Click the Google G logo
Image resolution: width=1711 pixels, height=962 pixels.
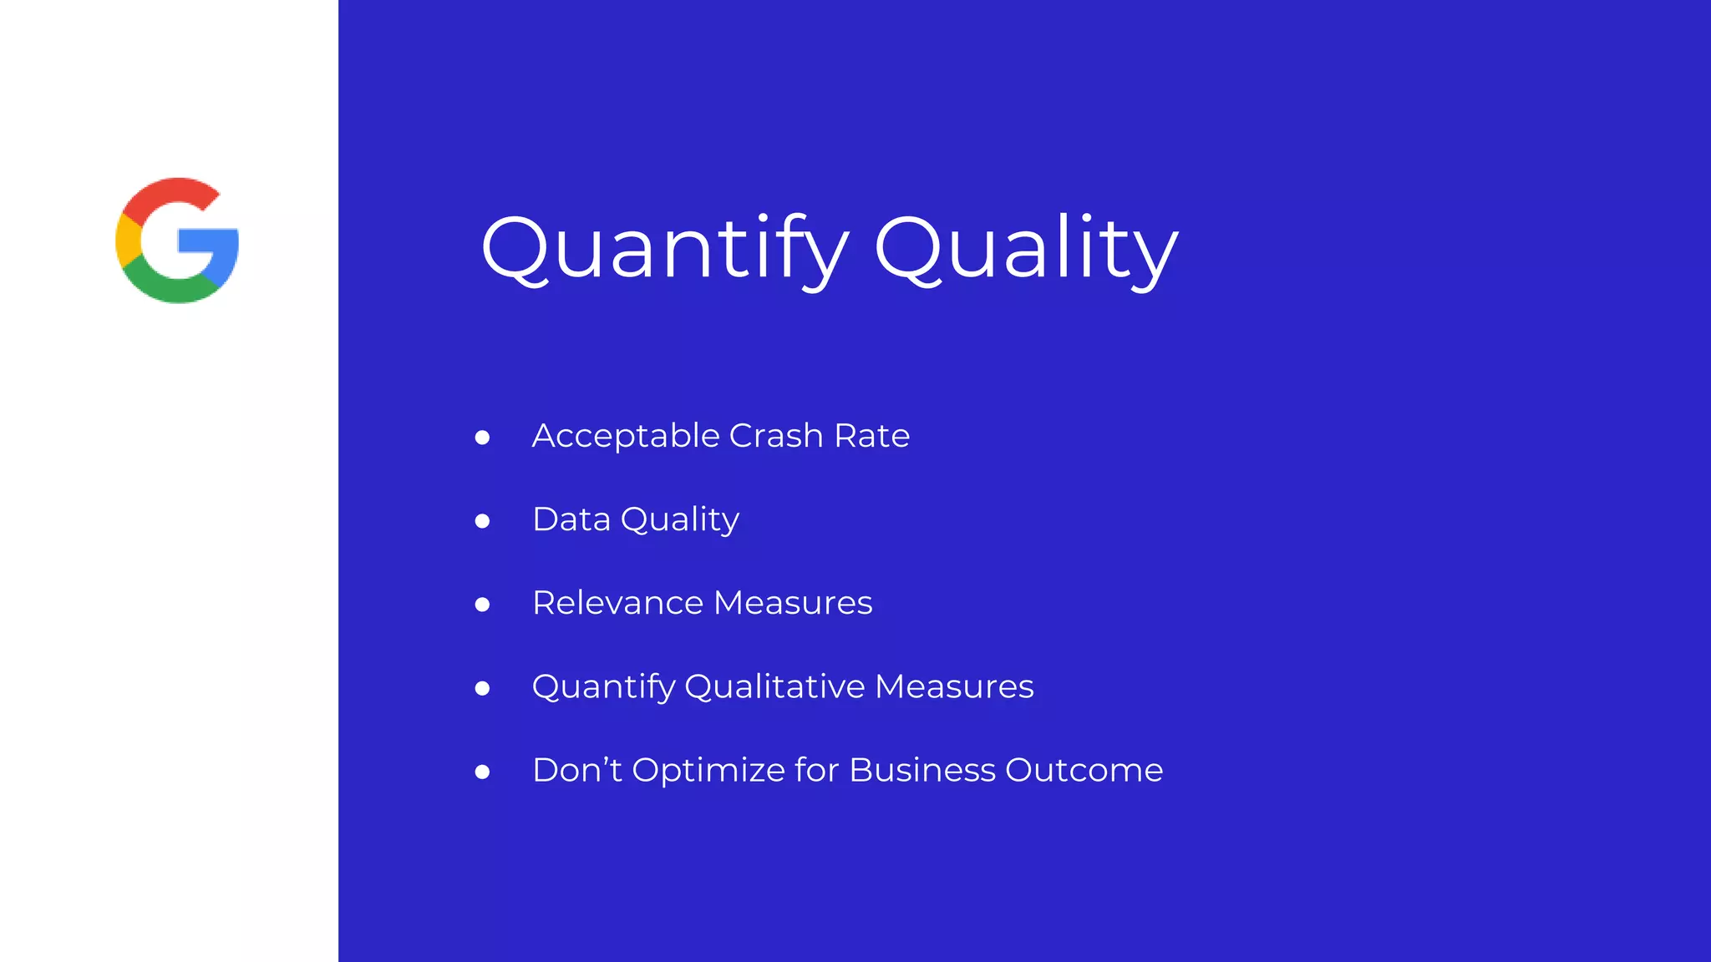pos(177,240)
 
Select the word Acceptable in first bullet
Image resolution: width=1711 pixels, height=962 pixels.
pos(626,436)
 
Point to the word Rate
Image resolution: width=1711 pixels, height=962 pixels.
pos(871,436)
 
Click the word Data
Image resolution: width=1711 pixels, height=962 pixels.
pos(571,519)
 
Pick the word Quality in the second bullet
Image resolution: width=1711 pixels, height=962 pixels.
pos(679,520)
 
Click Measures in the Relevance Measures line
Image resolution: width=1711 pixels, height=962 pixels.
pos(793,603)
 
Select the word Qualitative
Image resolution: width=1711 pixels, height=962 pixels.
pos(774,686)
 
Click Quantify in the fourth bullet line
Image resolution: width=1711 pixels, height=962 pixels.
pos(603,687)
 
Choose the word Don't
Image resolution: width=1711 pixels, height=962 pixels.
pos(577,770)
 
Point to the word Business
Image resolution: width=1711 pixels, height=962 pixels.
pos(922,770)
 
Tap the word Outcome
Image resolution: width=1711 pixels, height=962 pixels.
pos(1084,770)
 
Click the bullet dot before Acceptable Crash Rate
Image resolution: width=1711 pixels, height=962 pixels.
pos(482,438)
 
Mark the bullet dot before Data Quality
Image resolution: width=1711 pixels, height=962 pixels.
pos(482,521)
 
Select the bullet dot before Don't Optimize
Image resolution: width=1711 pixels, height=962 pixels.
pos(482,772)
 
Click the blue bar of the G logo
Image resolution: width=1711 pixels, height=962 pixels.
pos(209,241)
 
